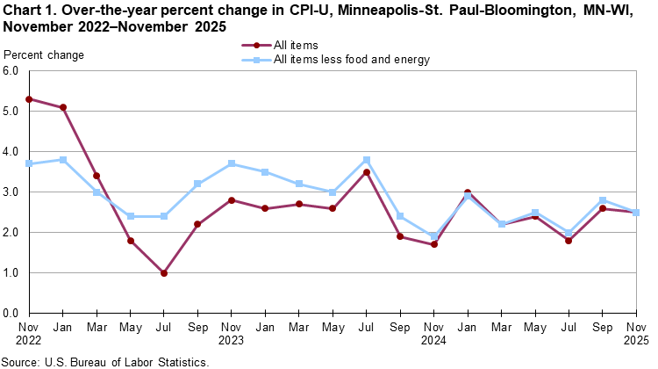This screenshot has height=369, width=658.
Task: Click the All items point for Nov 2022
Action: click(x=30, y=99)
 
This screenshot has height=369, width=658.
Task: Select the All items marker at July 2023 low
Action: click(x=164, y=272)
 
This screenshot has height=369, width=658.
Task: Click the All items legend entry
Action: click(x=296, y=44)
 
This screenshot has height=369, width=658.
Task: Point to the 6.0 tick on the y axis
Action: click(x=12, y=71)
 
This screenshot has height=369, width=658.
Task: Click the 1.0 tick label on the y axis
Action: click(x=12, y=272)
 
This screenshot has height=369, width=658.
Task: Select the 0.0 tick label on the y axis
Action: click(x=12, y=313)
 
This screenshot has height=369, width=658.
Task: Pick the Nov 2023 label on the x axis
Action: click(x=232, y=333)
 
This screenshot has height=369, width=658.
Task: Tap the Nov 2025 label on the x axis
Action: click(x=637, y=333)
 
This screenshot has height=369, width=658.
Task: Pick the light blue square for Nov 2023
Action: click(x=232, y=163)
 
